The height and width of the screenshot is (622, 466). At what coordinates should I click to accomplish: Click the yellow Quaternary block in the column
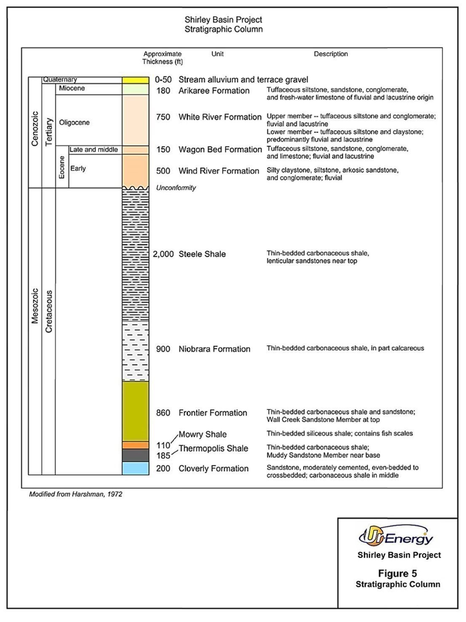[x=136, y=80]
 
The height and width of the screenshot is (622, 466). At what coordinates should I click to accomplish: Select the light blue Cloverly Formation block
[x=136, y=468]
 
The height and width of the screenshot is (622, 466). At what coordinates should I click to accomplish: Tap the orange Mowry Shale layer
[x=136, y=445]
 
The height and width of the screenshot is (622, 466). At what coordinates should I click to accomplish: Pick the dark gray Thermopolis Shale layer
[x=136, y=455]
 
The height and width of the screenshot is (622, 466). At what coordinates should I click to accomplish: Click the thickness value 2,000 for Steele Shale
[x=162, y=254]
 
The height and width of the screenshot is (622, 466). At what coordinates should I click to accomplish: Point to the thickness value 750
[x=163, y=117]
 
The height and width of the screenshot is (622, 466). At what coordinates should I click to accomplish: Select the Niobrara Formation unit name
[x=214, y=349]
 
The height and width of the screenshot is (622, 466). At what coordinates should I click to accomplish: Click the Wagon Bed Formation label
[x=220, y=150]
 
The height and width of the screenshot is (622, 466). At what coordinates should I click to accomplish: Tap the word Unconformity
[x=176, y=188]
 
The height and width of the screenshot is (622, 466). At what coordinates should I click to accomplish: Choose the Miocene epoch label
[x=72, y=88]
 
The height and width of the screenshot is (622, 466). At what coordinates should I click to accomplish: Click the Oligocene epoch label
[x=75, y=123]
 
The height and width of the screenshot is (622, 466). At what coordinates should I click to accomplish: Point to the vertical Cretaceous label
[x=49, y=312]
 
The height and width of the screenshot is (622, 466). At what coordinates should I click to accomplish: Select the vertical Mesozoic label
[x=35, y=306]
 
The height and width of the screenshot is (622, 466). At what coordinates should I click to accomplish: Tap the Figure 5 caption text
[x=398, y=574]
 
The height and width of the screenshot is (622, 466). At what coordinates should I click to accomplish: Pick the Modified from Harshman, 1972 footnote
[x=76, y=494]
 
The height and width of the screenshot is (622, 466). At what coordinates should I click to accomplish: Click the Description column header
[x=331, y=54]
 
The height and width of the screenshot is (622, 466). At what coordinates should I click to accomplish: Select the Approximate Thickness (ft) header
[x=162, y=58]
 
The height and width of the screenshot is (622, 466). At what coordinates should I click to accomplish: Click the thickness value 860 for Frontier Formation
[x=163, y=413]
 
